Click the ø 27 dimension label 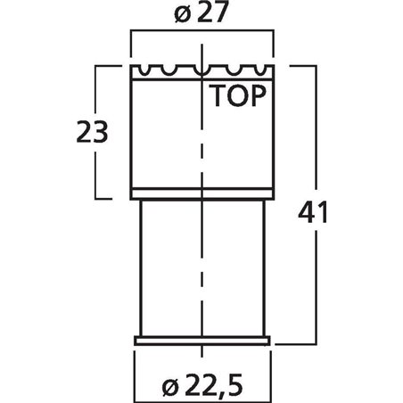tap(201, 12)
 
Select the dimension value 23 tap(92, 132)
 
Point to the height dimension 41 tap(313, 212)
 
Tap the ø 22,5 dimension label tap(202, 385)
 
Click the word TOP tap(237, 95)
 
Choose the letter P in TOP tap(259, 95)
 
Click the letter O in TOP tap(237, 95)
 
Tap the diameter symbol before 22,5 tap(170, 388)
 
